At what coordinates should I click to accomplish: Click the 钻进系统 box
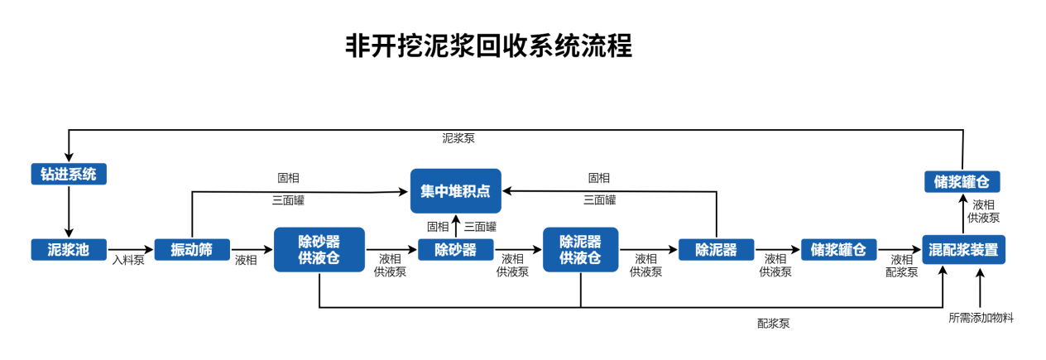click(69, 175)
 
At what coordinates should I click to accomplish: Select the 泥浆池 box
click(69, 250)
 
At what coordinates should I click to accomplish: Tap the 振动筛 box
click(192, 250)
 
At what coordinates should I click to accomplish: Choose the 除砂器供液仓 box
click(319, 249)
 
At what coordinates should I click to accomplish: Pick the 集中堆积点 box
click(455, 191)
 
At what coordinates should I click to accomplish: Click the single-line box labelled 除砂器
click(455, 250)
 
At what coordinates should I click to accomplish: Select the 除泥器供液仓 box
click(580, 249)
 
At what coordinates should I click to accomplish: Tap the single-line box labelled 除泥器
click(716, 250)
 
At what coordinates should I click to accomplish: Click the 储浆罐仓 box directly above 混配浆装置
click(962, 182)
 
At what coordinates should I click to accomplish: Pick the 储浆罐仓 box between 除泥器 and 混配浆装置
click(838, 250)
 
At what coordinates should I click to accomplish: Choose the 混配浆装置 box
click(963, 249)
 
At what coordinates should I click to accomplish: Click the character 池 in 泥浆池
click(83, 250)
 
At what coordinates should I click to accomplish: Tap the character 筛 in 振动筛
click(206, 250)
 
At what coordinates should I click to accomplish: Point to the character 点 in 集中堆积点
click(483, 191)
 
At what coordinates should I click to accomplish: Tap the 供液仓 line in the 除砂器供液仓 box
click(319, 258)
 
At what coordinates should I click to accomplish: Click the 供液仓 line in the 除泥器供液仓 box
click(580, 258)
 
